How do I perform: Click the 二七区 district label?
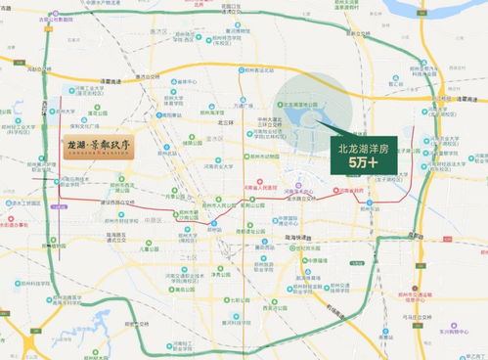point(188,256)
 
